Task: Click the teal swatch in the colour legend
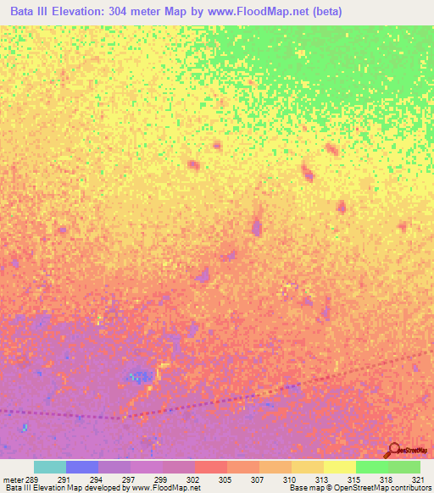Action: click(50, 467)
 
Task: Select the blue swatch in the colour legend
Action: click(82, 467)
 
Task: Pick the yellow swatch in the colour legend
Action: click(340, 467)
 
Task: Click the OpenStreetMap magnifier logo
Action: click(394, 450)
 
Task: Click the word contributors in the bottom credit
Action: click(413, 488)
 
